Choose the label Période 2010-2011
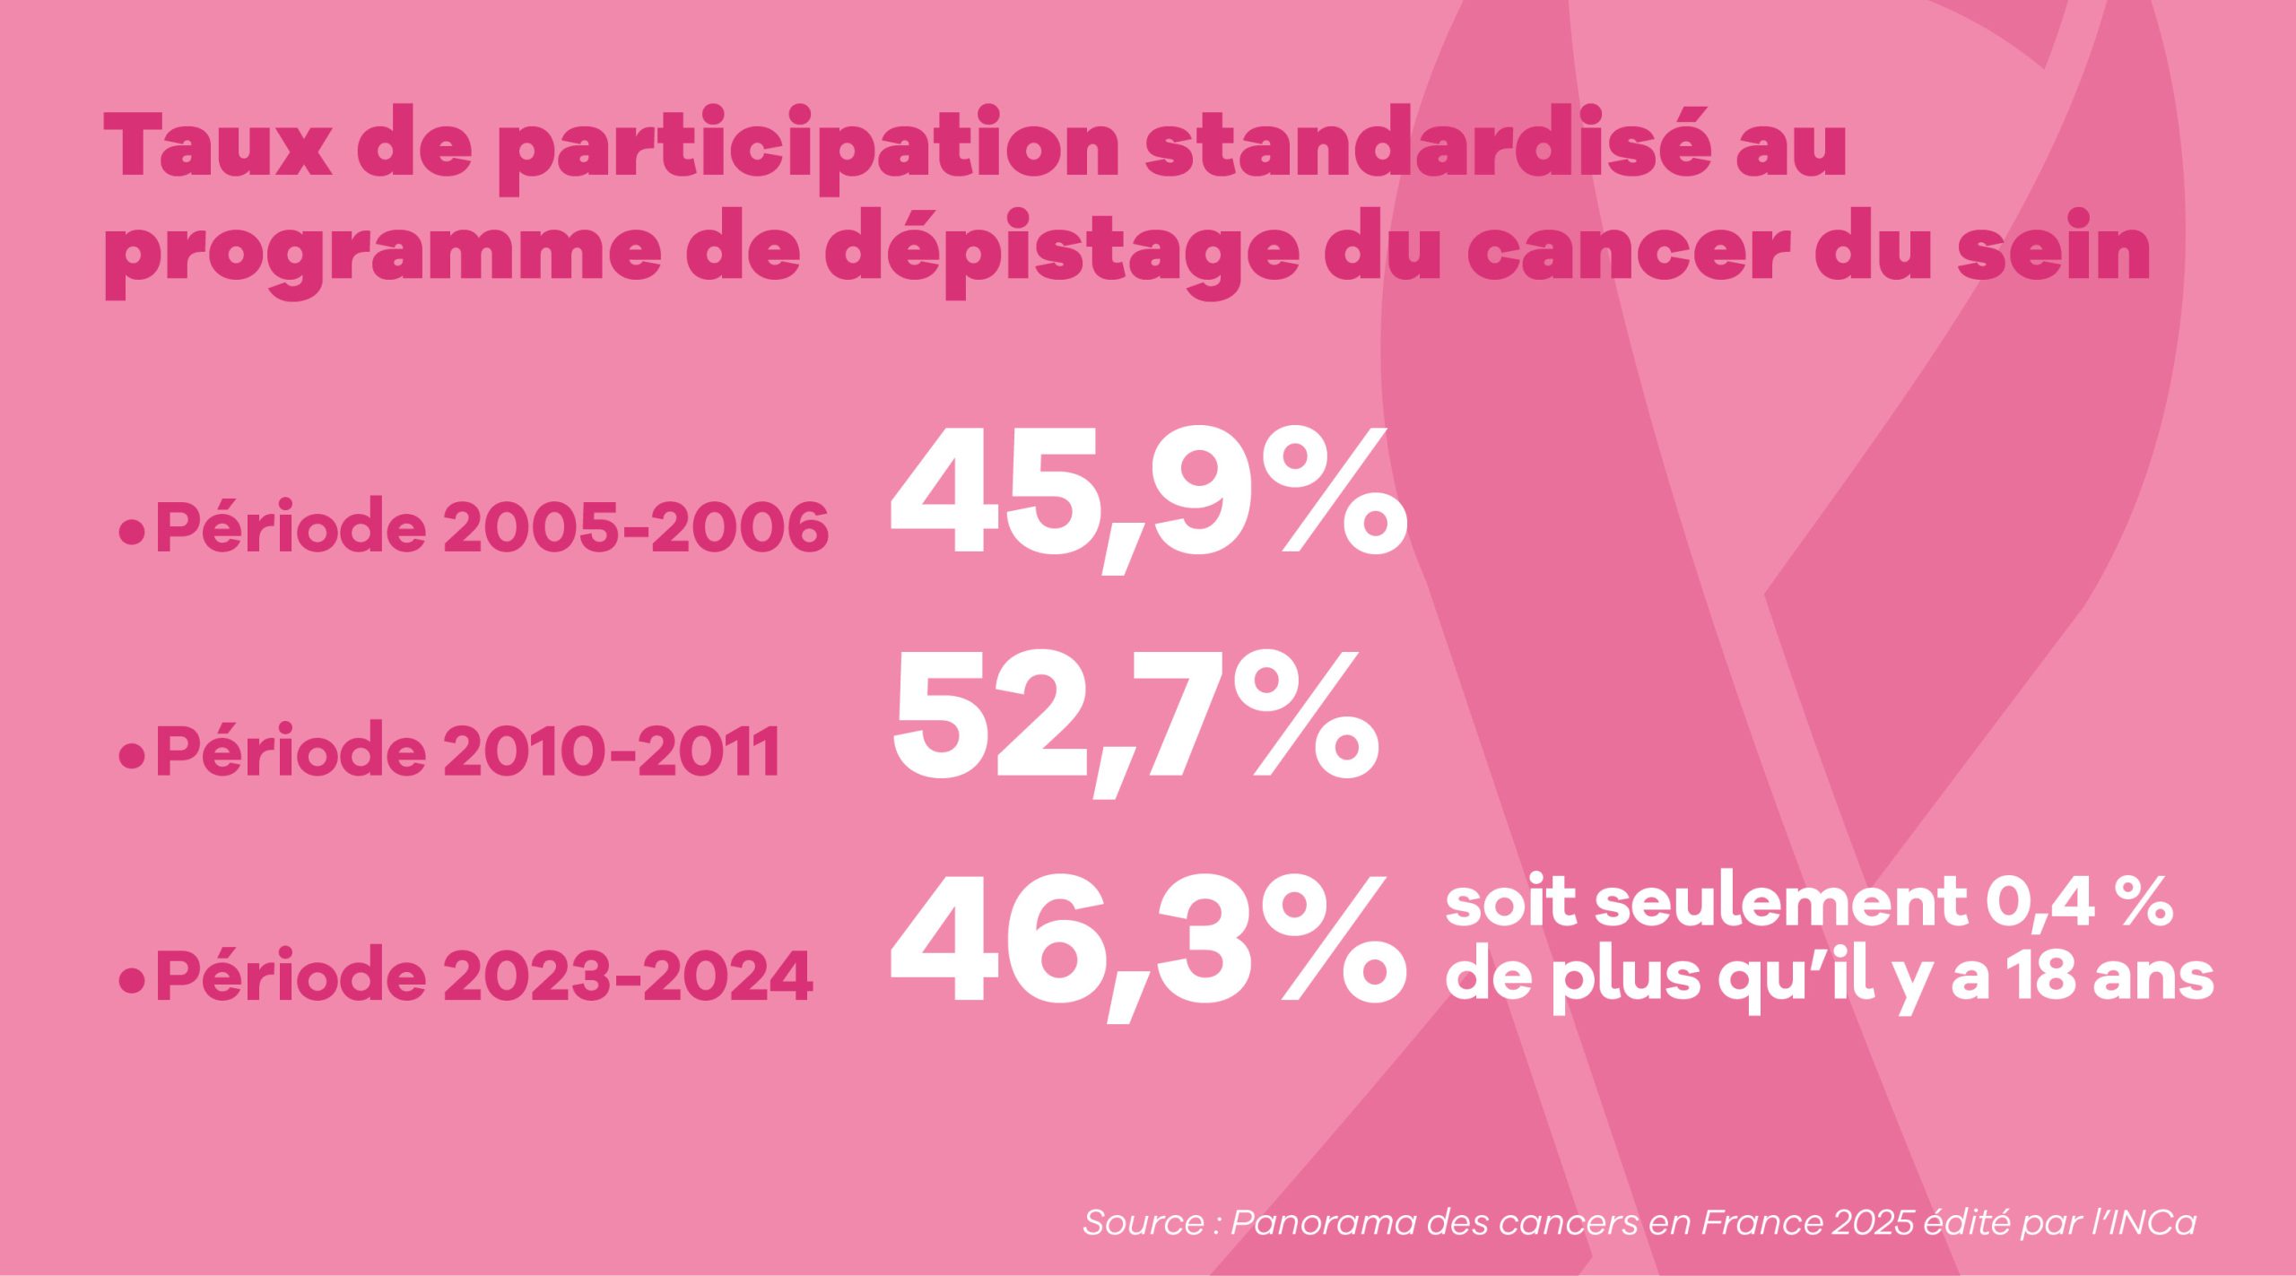467,751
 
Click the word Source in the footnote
1144,1223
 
